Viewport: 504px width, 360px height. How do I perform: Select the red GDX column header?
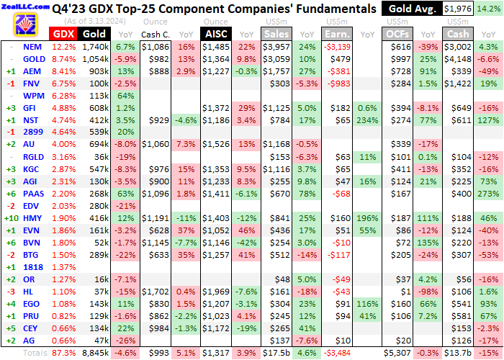point(63,34)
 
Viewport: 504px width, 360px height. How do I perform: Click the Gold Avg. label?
point(410,9)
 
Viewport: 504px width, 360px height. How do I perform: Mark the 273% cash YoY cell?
point(489,193)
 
